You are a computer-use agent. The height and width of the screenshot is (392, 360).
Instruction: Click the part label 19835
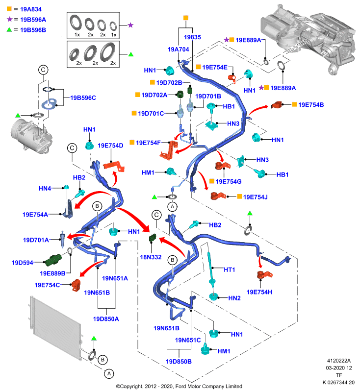click(x=192, y=37)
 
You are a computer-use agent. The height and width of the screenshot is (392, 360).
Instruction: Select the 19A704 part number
click(x=178, y=49)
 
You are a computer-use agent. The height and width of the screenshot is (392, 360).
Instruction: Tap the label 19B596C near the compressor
click(x=83, y=98)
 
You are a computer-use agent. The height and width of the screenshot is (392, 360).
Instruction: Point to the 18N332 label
click(x=151, y=257)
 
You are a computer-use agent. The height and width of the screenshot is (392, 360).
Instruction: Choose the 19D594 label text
click(x=23, y=263)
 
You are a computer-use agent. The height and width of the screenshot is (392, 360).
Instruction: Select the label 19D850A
click(x=106, y=319)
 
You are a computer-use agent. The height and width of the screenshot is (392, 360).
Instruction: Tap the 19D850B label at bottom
click(x=179, y=361)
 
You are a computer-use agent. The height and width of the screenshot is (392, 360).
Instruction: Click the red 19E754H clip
click(x=264, y=275)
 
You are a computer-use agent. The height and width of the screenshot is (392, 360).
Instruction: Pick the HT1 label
click(x=230, y=269)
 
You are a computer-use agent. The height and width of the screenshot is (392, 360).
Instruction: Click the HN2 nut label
click(x=234, y=298)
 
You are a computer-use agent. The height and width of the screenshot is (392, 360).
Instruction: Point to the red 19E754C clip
click(x=76, y=285)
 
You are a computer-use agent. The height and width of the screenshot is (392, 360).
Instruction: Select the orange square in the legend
click(x=9, y=9)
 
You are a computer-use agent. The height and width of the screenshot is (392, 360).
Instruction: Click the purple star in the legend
click(x=9, y=19)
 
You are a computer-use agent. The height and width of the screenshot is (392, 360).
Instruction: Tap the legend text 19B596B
click(x=33, y=30)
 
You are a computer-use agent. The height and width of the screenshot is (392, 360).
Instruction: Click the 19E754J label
click(x=256, y=197)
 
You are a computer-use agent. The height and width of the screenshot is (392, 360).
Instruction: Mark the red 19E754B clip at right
click(x=277, y=105)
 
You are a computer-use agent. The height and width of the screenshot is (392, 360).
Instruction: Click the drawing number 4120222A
click(x=339, y=361)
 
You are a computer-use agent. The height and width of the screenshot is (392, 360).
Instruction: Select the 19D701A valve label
click(x=36, y=240)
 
